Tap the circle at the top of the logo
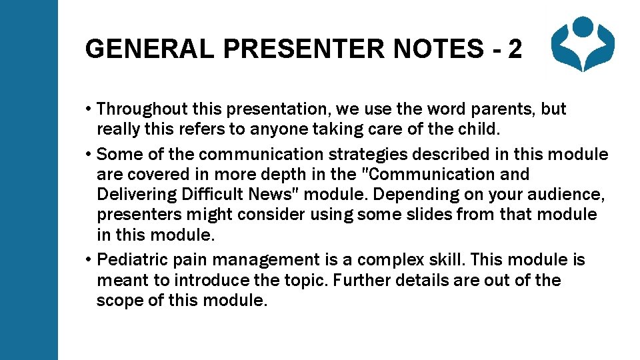click(x=585, y=27)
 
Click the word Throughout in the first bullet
click(x=139, y=109)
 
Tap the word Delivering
click(x=133, y=195)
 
